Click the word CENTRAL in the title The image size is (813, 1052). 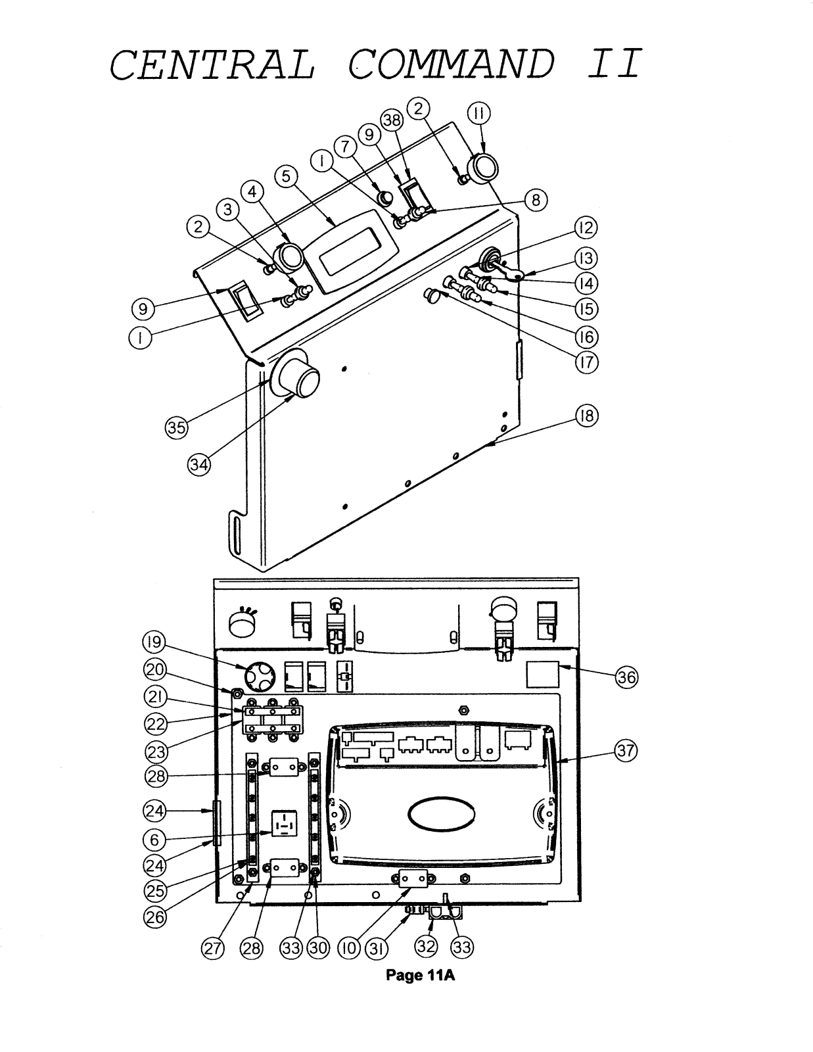(212, 65)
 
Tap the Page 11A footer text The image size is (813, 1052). (420, 975)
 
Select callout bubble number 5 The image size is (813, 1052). (286, 176)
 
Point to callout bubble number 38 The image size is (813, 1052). (392, 120)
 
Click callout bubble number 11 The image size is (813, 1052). (478, 113)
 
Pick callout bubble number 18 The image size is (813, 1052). (586, 416)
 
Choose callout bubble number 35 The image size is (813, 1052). (177, 427)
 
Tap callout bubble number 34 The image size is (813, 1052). (199, 466)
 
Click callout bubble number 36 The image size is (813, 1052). (626, 677)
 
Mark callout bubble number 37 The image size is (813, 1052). (626, 751)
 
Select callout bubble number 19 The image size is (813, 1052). (154, 642)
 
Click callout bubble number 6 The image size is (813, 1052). (154, 839)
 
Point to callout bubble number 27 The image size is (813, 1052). (212, 948)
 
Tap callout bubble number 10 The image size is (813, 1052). (349, 948)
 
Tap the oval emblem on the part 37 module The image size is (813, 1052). (442, 814)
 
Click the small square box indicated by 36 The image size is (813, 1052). (542, 674)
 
